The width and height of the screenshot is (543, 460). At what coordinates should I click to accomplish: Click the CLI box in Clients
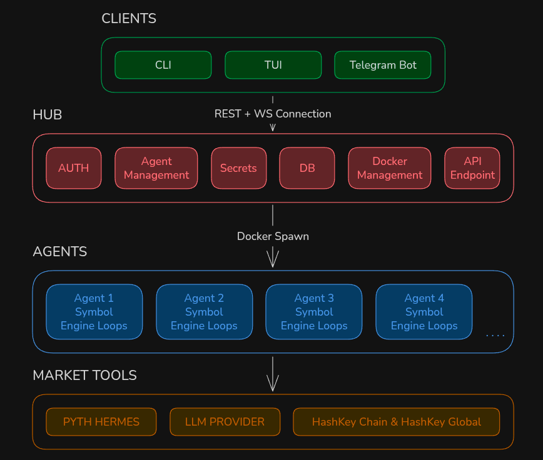tap(163, 65)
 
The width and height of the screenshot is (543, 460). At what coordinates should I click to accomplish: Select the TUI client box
tap(273, 65)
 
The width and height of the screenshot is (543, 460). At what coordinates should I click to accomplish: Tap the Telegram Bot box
tap(383, 65)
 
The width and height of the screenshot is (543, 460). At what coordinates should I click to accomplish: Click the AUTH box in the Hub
tap(74, 168)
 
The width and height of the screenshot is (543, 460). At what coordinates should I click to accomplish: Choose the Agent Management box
tap(156, 168)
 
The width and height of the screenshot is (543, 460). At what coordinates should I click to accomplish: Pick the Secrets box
tap(238, 168)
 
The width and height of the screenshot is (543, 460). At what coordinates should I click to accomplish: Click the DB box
tap(307, 168)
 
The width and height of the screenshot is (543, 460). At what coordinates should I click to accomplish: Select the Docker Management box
tap(390, 168)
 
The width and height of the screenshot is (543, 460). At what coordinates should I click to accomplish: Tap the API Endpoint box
tap(472, 168)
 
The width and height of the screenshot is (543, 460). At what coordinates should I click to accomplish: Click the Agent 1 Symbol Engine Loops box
tap(94, 312)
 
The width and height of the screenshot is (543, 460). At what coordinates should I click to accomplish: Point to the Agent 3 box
tap(314, 312)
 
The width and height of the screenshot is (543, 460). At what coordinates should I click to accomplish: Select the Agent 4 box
tap(424, 312)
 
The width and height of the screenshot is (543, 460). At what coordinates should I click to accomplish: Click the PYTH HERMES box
tap(101, 422)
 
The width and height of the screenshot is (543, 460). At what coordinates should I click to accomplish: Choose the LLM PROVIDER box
tap(225, 422)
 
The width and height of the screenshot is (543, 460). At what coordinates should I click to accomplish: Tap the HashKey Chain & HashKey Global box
tap(397, 422)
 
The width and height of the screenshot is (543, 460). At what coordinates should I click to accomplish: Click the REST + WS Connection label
tap(273, 114)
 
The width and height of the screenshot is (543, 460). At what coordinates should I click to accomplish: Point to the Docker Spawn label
tap(273, 236)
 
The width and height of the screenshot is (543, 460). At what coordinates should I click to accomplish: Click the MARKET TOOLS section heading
tap(85, 375)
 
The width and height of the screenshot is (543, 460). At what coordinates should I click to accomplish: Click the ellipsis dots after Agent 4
tap(495, 335)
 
